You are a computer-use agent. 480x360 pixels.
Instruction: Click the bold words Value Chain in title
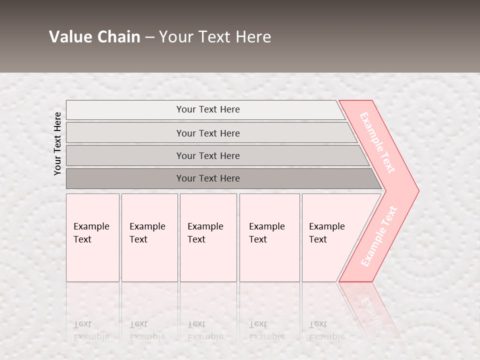94,37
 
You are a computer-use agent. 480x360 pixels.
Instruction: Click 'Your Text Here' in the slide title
215,37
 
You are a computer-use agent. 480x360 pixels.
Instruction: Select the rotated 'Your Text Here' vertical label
57,143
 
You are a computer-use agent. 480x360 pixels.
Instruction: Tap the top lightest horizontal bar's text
208,109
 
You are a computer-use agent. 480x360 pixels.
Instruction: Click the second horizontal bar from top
208,133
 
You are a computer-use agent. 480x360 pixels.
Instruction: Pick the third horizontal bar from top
208,155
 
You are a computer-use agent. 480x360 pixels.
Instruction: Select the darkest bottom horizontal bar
208,178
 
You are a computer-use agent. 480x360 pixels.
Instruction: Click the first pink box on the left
92,237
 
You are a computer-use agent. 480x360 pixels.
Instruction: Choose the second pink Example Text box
149,237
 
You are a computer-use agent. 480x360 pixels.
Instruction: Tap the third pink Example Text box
208,237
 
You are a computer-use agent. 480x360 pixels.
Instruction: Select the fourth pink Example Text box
269,237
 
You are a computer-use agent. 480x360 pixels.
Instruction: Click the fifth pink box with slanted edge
330,237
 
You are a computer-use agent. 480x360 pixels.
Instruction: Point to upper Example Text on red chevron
377,142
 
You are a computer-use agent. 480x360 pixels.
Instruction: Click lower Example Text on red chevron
378,236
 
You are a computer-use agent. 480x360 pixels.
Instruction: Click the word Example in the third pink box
205,226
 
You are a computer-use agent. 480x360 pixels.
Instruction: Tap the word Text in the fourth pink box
258,239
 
